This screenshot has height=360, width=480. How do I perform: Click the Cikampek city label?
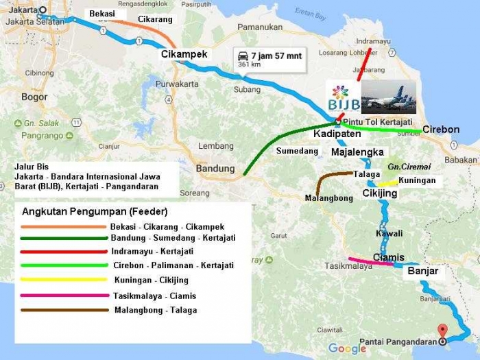[184, 54]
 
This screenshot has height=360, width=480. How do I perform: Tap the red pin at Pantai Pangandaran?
[442, 330]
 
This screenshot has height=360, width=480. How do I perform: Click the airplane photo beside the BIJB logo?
[388, 97]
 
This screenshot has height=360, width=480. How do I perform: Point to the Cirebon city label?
[440, 129]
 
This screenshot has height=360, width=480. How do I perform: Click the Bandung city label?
[215, 168]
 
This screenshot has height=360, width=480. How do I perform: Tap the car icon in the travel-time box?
[241, 55]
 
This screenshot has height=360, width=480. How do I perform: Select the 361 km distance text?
[249, 64]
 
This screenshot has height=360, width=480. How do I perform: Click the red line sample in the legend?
[62, 252]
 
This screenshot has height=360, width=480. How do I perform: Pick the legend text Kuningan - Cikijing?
[151, 280]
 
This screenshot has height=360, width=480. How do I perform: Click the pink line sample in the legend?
[62, 296]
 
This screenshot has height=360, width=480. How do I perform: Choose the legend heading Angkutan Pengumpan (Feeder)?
[95, 211]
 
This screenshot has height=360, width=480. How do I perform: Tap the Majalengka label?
[357, 152]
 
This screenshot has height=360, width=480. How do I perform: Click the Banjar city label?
[422, 271]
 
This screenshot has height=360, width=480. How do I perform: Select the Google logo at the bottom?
[347, 348]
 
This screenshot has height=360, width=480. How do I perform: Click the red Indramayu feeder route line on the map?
[364, 64]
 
